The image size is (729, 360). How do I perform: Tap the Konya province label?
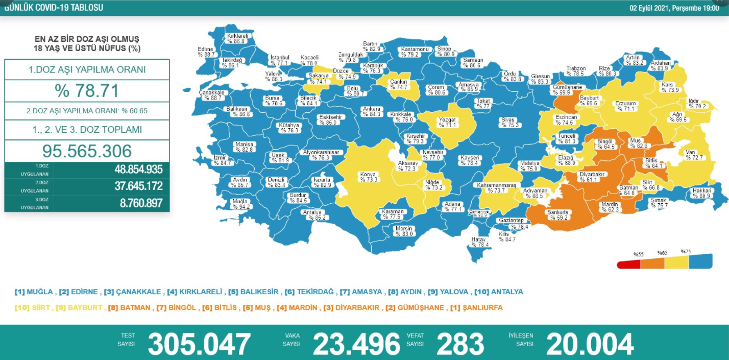[368, 177]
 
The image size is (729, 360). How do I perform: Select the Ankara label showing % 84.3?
[371, 111]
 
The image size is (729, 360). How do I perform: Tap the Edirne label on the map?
[207, 52]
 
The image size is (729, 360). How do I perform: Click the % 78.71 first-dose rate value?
[87, 90]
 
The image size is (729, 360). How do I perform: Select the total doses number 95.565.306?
[87, 151]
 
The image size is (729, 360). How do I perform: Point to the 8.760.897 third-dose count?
[141, 203]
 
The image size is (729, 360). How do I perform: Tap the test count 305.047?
[199, 344]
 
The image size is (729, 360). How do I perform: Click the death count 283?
[460, 344]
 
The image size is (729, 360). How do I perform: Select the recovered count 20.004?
[590, 344]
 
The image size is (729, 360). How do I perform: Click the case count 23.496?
[356, 344]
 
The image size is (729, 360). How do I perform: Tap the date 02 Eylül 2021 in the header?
[650, 8]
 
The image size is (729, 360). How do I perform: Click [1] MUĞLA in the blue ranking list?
[34, 292]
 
